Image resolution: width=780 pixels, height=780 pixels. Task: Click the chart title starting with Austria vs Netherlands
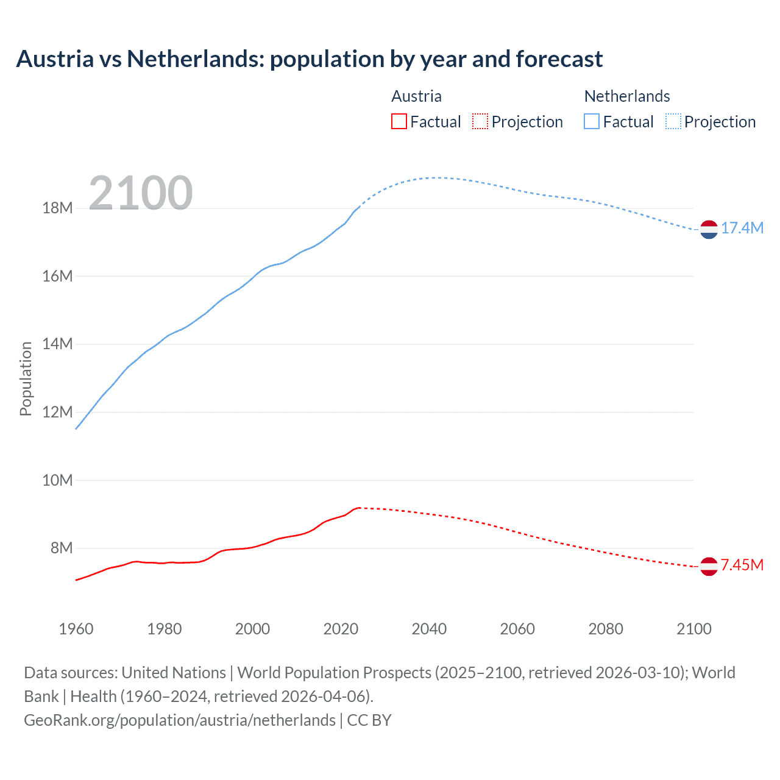[x=309, y=59]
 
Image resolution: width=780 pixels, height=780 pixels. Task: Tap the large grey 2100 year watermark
[x=141, y=193]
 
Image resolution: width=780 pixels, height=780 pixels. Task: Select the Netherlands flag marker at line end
[x=709, y=230]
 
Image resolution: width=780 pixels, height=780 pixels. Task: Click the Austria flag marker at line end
[x=709, y=567]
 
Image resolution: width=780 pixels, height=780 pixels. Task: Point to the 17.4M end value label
[x=742, y=228]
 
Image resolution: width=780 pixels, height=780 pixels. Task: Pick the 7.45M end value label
[x=742, y=565]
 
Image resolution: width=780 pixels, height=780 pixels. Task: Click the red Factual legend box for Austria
[x=399, y=122]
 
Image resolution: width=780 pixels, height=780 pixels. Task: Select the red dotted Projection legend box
[x=480, y=122]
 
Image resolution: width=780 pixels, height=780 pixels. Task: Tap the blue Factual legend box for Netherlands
[x=592, y=122]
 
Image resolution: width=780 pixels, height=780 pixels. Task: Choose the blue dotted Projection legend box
[x=673, y=122]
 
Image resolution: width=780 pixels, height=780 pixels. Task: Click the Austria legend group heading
[x=416, y=96]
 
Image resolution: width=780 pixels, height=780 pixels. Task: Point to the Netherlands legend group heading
[x=626, y=96]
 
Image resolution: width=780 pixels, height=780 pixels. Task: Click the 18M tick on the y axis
[x=57, y=208]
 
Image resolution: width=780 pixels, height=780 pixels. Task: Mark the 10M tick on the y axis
[x=57, y=480]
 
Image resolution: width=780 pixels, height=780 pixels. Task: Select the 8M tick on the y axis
[x=61, y=548]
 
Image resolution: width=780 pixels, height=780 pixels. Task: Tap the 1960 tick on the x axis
[x=76, y=629]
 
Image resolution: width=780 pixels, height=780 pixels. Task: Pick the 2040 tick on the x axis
[x=429, y=629]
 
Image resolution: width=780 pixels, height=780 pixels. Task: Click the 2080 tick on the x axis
[x=606, y=629]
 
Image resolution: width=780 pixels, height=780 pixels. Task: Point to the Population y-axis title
[x=26, y=378]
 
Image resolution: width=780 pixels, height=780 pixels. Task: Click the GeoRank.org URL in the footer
[x=180, y=720]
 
